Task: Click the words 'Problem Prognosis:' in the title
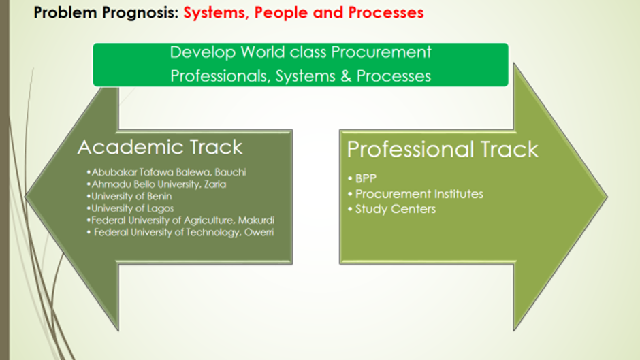pyautogui.click(x=106, y=13)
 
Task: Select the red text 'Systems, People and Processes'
pyautogui.click(x=304, y=13)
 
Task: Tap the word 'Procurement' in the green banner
pyautogui.click(x=381, y=52)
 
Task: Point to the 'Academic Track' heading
pyautogui.click(x=160, y=147)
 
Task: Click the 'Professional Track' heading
pyautogui.click(x=443, y=150)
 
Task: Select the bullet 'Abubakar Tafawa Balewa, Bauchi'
pyautogui.click(x=167, y=172)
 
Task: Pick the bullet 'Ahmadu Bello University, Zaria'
pyautogui.click(x=157, y=184)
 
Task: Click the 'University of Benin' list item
pyautogui.click(x=129, y=196)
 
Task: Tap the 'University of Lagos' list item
pyautogui.click(x=130, y=208)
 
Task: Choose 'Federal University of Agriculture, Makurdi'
pyautogui.click(x=180, y=220)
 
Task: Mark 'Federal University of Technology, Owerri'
pyautogui.click(x=180, y=233)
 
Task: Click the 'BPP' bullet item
pyautogui.click(x=362, y=178)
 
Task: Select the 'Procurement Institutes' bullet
pyautogui.click(x=415, y=194)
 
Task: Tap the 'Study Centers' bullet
pyautogui.click(x=392, y=209)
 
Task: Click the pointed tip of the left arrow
pyautogui.click(x=26, y=196)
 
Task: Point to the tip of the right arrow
pyautogui.click(x=607, y=197)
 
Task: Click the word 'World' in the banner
pyautogui.click(x=262, y=52)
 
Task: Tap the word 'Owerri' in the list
pyautogui.click(x=259, y=233)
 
